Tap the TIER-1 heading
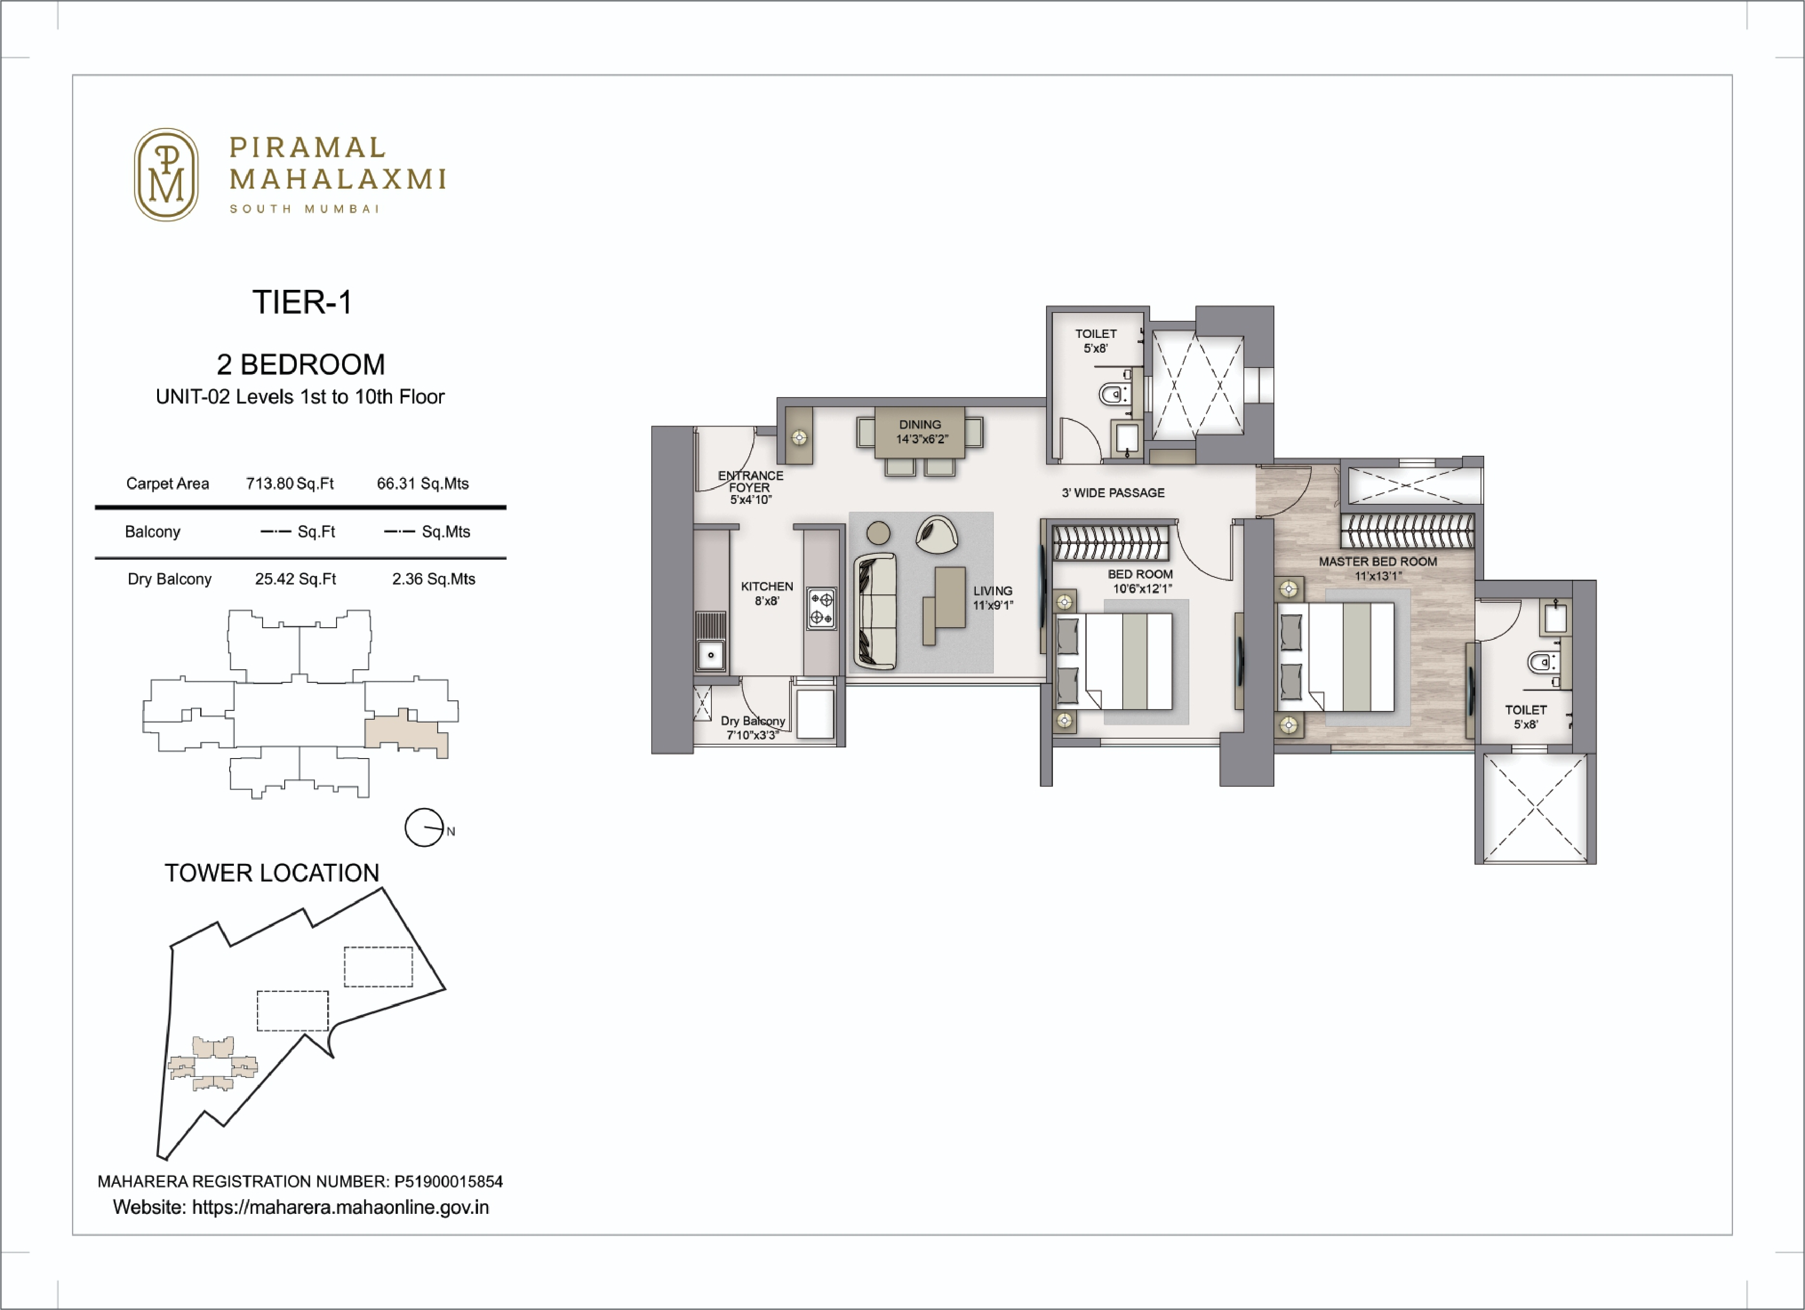pos(302,302)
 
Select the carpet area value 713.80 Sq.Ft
pos(290,484)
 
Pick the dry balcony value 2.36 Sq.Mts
pos(433,579)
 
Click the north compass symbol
pos(424,828)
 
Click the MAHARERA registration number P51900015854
pos(448,1182)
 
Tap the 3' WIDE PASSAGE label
pos(1113,493)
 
